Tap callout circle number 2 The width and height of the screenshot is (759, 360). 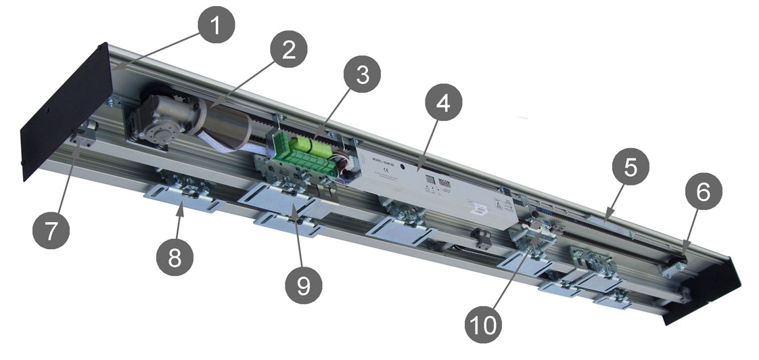coord(289,51)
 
